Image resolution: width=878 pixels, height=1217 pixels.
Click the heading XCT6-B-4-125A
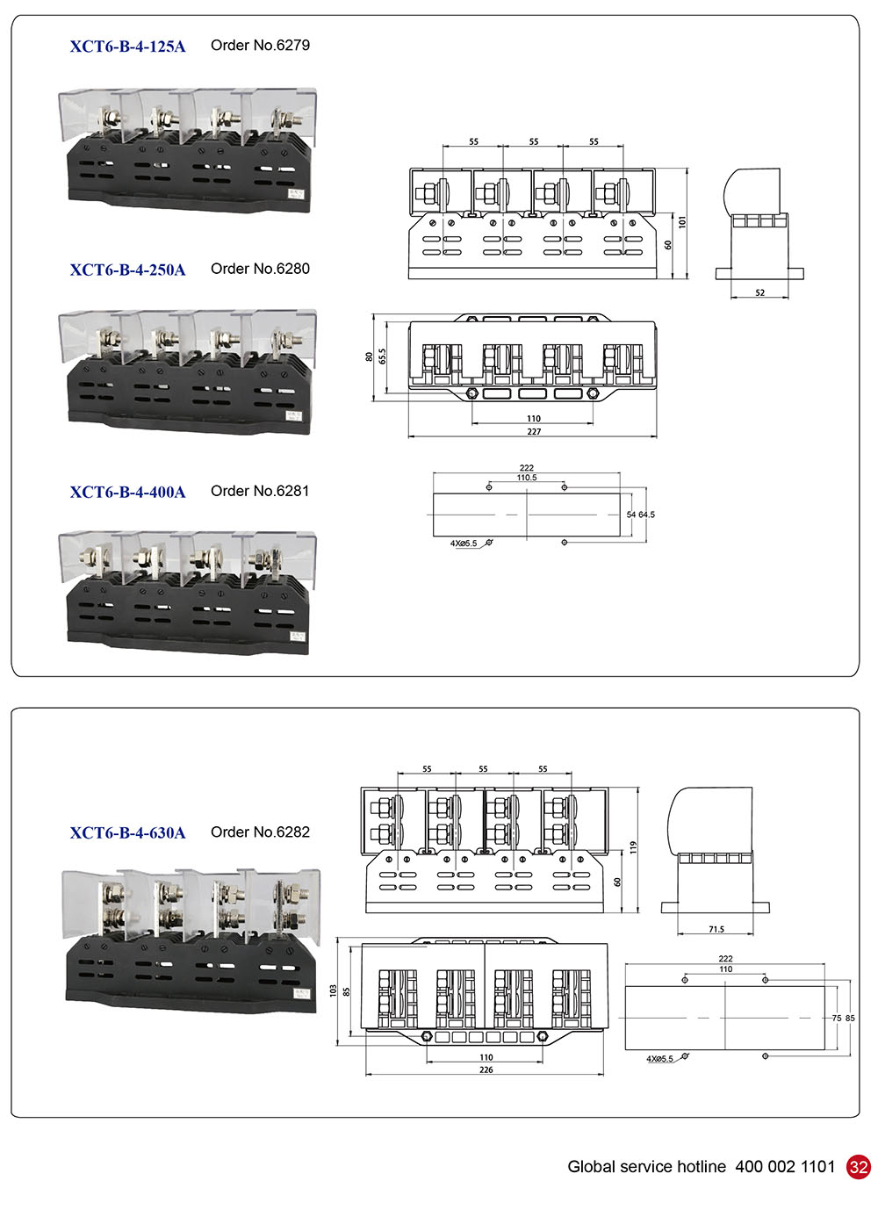[x=127, y=47]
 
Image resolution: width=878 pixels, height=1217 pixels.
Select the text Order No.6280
[x=260, y=269]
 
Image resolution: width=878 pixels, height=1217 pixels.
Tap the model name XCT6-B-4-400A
[x=127, y=492]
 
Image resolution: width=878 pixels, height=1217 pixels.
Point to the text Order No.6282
[x=260, y=832]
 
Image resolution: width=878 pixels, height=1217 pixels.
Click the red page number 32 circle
[x=858, y=1167]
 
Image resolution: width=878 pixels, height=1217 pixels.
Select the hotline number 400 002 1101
[x=785, y=1167]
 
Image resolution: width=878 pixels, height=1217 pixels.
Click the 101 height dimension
[x=682, y=222]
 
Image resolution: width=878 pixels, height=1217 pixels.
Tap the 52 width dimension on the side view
[x=759, y=292]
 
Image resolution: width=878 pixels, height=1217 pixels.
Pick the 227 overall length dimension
[x=534, y=431]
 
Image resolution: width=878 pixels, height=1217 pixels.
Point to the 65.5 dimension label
[x=383, y=356]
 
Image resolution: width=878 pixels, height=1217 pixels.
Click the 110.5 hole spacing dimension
[x=527, y=478]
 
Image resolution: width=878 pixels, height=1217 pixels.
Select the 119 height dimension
[x=632, y=847]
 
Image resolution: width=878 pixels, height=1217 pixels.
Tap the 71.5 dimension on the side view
[x=716, y=929]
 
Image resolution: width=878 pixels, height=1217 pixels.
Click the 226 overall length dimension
[x=486, y=1069]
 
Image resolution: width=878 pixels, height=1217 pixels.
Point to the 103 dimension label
[x=333, y=990]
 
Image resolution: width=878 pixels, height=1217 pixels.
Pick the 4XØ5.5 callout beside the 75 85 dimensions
[x=659, y=1059]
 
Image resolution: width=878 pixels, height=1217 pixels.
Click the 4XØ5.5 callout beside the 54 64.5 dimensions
[x=464, y=544]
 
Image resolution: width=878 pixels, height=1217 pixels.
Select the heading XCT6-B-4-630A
[x=127, y=833]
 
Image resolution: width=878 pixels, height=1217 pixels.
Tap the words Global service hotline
[x=646, y=1167]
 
